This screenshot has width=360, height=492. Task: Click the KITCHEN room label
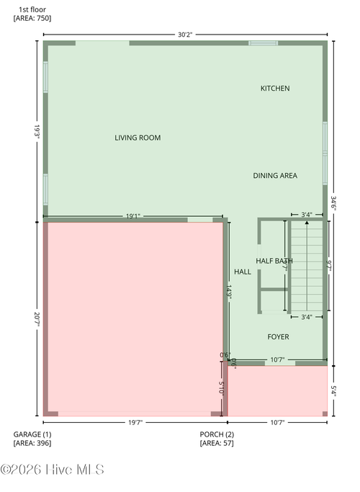point(275,89)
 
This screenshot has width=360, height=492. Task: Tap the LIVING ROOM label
point(138,138)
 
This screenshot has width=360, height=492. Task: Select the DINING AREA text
point(275,176)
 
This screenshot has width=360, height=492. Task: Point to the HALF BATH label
point(274,261)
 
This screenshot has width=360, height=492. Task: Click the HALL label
point(243,272)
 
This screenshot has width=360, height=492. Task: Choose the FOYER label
point(279,336)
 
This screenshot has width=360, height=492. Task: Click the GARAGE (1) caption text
point(32,434)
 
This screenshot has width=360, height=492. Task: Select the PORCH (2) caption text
point(217,434)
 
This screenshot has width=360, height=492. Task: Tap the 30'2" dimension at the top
point(185,35)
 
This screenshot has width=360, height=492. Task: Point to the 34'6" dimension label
point(333,202)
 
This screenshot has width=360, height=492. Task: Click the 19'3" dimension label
point(36,130)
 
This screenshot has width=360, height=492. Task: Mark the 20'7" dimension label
point(36,318)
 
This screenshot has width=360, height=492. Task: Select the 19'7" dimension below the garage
point(135,422)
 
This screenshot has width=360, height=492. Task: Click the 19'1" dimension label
point(133,215)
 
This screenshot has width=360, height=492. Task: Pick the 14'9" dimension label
point(228,292)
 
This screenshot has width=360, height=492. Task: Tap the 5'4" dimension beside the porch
point(333,390)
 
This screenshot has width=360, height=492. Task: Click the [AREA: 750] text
point(32,17)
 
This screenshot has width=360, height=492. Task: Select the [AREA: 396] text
point(32,443)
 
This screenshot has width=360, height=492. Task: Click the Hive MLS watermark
point(52,470)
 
